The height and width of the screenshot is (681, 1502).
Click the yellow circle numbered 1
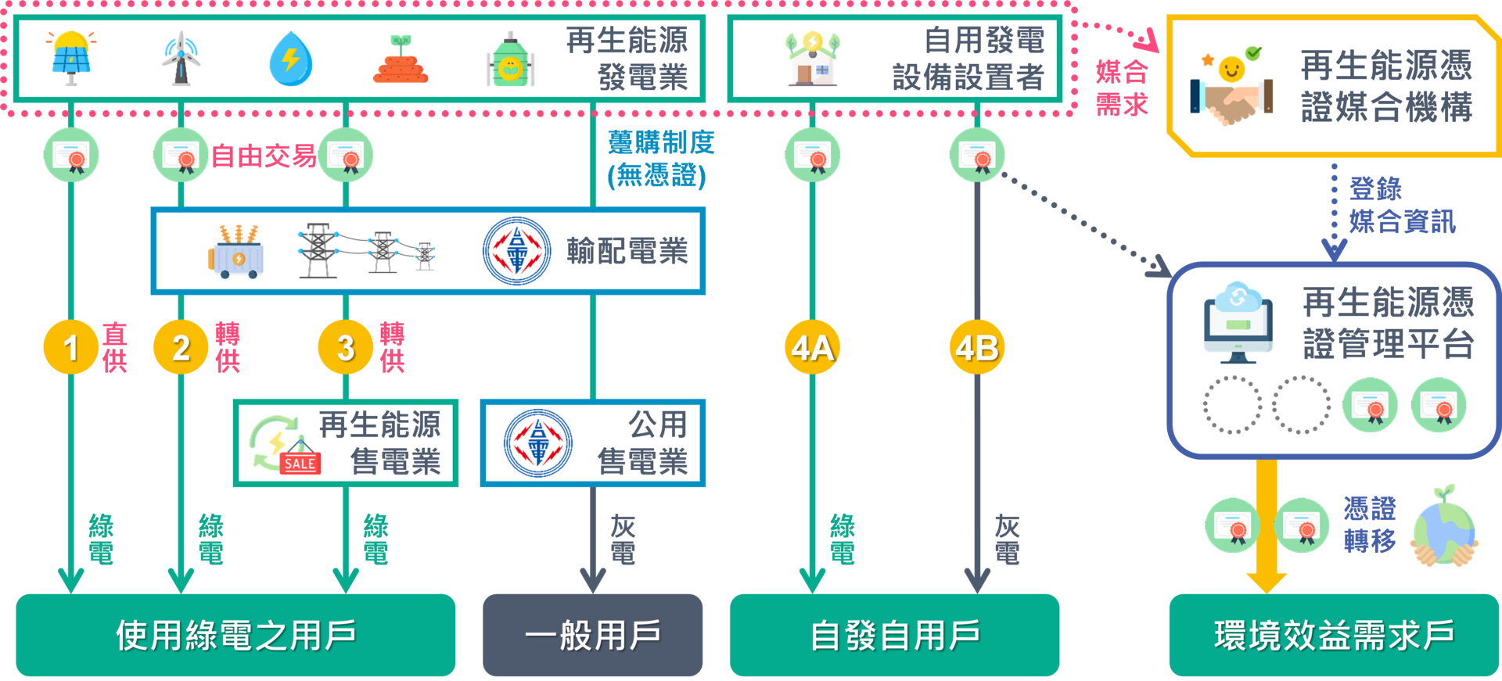tap(70, 347)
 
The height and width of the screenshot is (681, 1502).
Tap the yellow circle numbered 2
tap(181, 347)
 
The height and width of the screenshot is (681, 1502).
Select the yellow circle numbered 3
tap(346, 347)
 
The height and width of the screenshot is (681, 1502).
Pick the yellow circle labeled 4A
tap(812, 347)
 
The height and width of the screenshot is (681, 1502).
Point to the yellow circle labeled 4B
tap(977, 347)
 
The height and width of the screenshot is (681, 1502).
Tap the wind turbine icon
tap(181, 59)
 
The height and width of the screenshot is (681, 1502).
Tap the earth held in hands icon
tap(1444, 527)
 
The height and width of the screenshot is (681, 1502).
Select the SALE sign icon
tap(299, 462)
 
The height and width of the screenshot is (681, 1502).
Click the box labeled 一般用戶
tap(592, 635)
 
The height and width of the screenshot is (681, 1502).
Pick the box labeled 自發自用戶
tap(894, 635)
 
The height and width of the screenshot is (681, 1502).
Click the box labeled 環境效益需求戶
tap(1334, 635)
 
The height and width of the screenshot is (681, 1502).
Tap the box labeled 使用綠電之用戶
tap(235, 635)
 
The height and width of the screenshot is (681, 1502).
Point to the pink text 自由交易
tap(264, 156)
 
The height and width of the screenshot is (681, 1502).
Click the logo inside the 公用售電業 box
tap(538, 443)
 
